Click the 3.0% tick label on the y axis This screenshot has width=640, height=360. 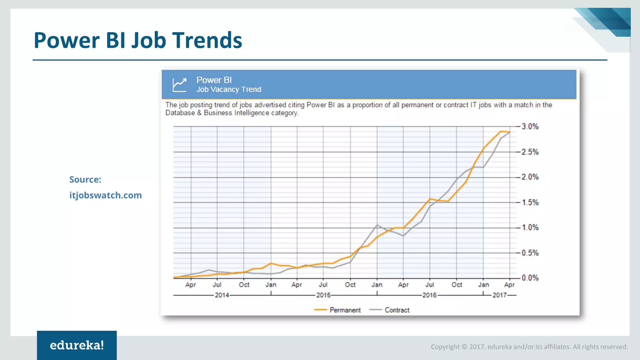pyautogui.click(x=530, y=127)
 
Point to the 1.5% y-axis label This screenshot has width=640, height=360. pyautogui.click(x=530, y=202)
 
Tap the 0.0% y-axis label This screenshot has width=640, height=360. pyautogui.click(x=530, y=278)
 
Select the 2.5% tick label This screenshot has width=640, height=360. pyautogui.click(x=530, y=152)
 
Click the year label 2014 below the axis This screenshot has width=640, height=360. pyautogui.click(x=222, y=295)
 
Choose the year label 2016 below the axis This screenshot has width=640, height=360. pyautogui.click(x=429, y=295)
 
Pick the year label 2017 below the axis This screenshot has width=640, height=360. pyautogui.click(x=499, y=295)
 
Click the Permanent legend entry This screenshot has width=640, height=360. pyautogui.click(x=345, y=310)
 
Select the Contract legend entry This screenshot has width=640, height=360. pyautogui.click(x=397, y=310)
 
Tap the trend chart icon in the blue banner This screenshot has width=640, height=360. pyautogui.click(x=180, y=85)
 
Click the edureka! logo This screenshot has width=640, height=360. pyautogui.click(x=77, y=345)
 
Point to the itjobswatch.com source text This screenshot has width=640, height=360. pyautogui.click(x=106, y=195)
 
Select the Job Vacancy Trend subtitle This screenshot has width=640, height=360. pyautogui.click(x=229, y=90)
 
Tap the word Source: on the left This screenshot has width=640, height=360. pyautogui.click(x=85, y=180)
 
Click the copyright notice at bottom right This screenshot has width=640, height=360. pyautogui.click(x=529, y=347)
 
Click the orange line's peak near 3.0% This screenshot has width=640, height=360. pyautogui.click(x=501, y=131)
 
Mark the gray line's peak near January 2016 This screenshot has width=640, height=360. pyautogui.click(x=377, y=225)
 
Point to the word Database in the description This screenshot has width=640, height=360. pyautogui.click(x=180, y=113)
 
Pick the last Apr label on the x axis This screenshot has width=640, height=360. pyautogui.click(x=509, y=285)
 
